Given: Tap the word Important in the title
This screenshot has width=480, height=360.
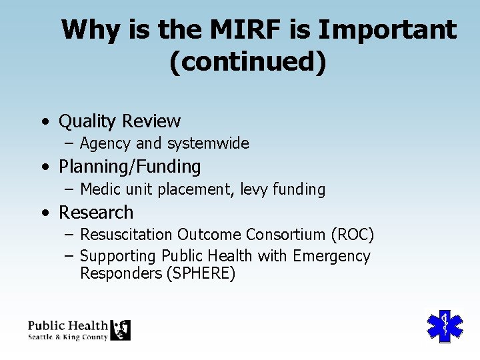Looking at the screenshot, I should pyautogui.click(x=388, y=30).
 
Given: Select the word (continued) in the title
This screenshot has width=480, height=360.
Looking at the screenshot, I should pyautogui.click(x=248, y=61).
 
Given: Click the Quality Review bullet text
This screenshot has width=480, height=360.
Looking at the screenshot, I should pyautogui.click(x=119, y=121).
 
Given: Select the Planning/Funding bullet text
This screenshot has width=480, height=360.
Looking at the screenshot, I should pyautogui.click(x=129, y=166).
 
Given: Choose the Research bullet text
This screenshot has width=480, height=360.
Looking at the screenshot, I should pyautogui.click(x=96, y=213).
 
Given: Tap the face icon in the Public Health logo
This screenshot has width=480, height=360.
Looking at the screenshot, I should pyautogui.click(x=120, y=330).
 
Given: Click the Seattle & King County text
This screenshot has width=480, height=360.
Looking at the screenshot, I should pyautogui.click(x=67, y=337).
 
